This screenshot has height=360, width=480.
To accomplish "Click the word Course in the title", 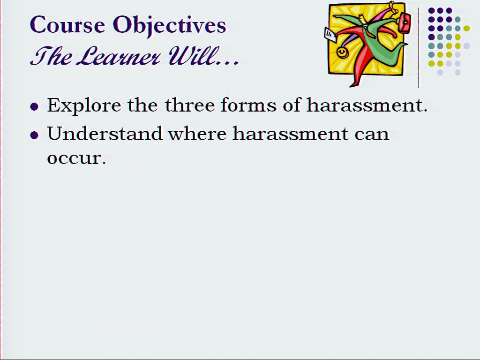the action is (x=67, y=24).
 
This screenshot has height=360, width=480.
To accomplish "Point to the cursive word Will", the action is (x=190, y=56).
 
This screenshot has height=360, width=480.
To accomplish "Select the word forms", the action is (x=248, y=105).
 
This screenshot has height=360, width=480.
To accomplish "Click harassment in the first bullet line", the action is (x=367, y=105).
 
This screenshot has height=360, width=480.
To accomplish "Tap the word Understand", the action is (x=105, y=134).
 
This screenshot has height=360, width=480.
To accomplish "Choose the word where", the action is (x=197, y=134).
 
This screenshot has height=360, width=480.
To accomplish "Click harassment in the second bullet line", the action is (x=291, y=134).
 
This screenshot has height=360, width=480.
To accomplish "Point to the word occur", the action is (x=76, y=158).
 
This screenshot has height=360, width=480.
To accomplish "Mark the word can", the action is (x=372, y=135).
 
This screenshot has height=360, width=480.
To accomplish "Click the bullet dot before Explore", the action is (x=34, y=107).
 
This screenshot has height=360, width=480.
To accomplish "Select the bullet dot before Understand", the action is (x=34, y=135).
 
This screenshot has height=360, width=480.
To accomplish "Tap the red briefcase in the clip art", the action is (x=404, y=23).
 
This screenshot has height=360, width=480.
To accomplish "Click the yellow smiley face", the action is (x=342, y=52).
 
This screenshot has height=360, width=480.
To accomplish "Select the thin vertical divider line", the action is (x=419, y=48).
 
